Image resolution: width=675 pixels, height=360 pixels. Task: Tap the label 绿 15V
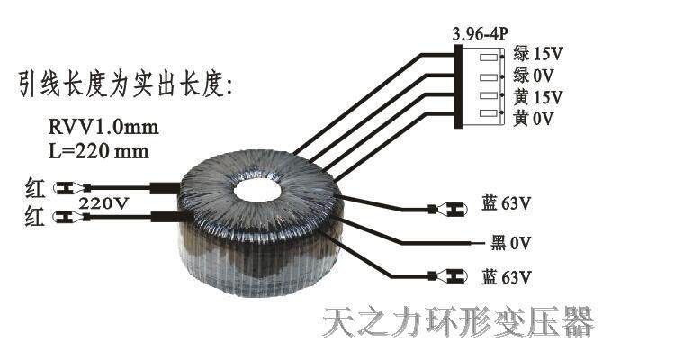(538, 53)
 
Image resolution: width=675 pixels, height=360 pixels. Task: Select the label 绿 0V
(534, 75)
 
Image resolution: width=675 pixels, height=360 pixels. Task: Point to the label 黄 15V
(538, 96)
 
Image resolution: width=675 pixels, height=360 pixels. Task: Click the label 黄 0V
(534, 118)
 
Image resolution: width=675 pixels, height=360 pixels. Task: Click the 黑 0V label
(509, 243)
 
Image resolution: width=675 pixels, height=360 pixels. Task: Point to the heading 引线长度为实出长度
(126, 85)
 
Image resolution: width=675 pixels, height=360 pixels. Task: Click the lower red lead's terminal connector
(68, 217)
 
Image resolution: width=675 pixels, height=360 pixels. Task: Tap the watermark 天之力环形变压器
(458, 321)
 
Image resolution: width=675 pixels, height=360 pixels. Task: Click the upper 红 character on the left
(33, 189)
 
